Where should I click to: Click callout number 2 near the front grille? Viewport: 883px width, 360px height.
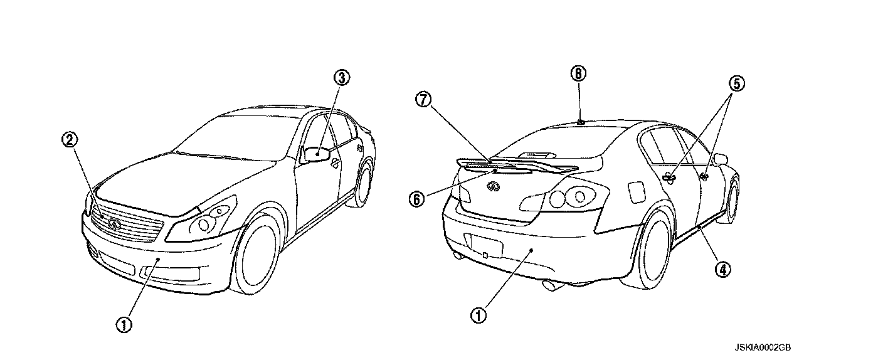click(70, 139)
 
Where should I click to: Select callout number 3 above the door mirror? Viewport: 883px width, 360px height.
click(342, 78)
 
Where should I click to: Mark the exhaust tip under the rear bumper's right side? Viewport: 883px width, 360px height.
click(554, 287)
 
